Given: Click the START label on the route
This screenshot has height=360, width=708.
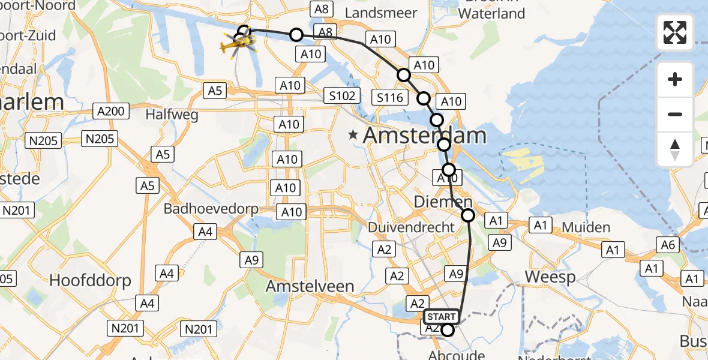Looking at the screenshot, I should tap(442, 316).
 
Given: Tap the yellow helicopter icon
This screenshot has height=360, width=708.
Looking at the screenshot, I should tap(238, 44).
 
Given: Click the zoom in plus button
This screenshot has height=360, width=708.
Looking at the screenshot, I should tap(675, 80).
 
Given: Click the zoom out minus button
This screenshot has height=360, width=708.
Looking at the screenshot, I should tap(675, 115).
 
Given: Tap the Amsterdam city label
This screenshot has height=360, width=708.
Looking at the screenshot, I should tap(425, 136).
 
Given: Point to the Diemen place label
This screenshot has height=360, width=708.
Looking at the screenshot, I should tap(443, 202).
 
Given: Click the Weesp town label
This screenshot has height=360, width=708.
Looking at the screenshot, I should tap(550, 277).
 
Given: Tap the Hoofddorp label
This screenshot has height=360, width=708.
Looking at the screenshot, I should tap(90, 281).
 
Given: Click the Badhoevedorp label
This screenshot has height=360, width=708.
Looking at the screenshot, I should tap(211, 209).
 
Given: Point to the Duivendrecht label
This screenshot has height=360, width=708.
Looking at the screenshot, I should tap(411, 227).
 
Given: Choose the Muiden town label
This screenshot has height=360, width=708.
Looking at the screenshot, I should tap(586, 228).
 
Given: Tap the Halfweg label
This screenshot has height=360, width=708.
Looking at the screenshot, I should tap(172, 115).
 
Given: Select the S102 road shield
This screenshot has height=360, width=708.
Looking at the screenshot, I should tap(342, 95).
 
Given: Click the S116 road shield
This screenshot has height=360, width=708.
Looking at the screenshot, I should tap(391, 97).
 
